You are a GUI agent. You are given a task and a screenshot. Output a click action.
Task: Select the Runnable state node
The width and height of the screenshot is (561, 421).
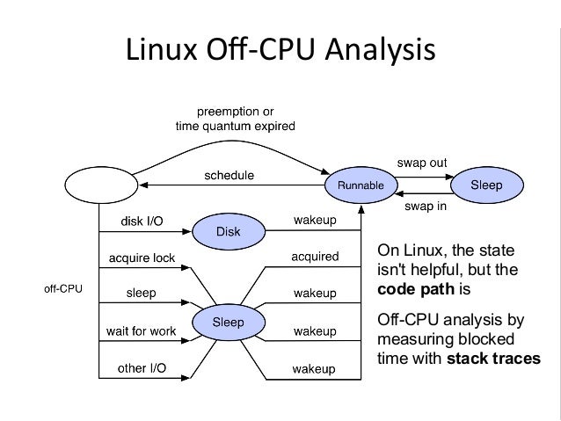point(354,186)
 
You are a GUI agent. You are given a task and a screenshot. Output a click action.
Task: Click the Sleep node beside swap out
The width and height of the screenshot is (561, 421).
point(487,185)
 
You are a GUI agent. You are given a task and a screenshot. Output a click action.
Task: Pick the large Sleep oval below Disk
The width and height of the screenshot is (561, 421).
point(229,322)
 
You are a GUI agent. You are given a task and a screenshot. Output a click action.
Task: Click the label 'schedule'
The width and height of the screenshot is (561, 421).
point(229,176)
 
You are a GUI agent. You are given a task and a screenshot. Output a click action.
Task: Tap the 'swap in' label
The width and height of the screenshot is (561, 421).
point(426,208)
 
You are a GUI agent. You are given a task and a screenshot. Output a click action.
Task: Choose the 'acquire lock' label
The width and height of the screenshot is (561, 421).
point(142,258)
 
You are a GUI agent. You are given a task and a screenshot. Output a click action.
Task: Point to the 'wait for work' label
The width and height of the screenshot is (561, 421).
point(142,331)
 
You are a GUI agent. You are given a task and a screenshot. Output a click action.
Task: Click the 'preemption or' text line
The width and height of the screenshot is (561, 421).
point(236,110)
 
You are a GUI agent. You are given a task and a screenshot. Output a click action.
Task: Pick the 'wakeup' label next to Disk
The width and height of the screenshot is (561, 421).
point(315,220)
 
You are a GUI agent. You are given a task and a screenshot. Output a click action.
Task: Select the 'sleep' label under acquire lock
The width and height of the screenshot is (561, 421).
point(142,294)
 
